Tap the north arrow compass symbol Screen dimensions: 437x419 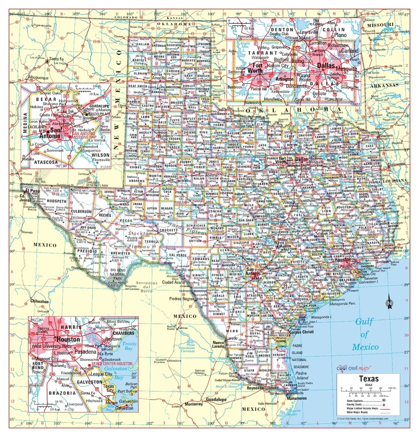389,302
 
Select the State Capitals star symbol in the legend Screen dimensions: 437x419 384,400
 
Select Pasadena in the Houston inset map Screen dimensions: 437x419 85,352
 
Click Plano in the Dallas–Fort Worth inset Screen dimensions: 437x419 340,35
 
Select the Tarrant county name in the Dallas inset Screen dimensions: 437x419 262,53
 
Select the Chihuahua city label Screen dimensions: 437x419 39,301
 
